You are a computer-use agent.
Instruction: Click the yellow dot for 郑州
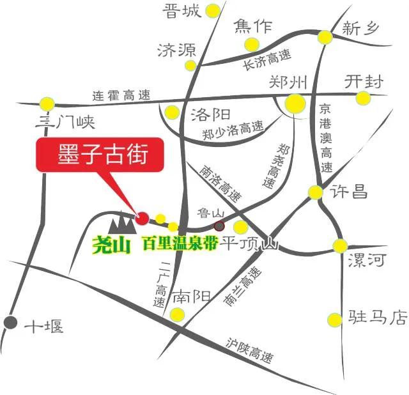295,102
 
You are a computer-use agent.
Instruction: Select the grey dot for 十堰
10,323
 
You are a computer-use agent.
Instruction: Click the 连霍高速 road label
121,96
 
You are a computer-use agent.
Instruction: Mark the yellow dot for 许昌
316,192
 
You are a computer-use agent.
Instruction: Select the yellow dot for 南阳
177,314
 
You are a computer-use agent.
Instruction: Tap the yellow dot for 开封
363,98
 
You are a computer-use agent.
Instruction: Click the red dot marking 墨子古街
143,218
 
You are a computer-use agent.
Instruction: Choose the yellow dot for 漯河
340,245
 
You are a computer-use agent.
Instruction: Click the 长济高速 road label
266,61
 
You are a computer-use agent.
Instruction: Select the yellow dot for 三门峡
47,103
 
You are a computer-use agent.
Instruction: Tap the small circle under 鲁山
219,226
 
